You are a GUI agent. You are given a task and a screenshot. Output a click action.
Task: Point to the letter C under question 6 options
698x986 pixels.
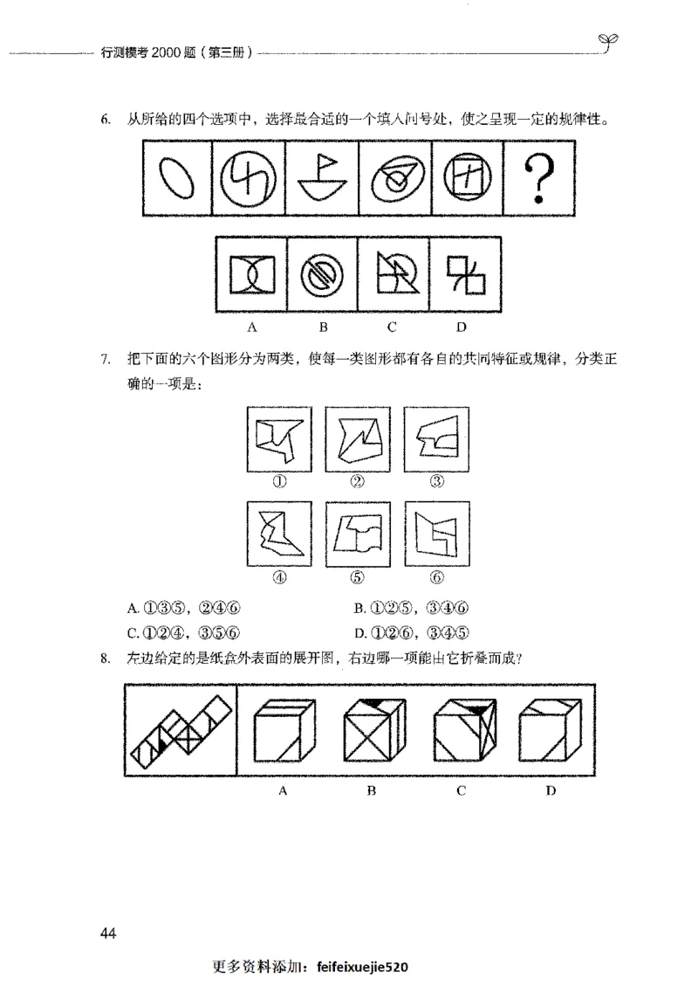tap(393, 328)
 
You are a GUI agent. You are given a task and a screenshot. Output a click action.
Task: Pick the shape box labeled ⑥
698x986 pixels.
tap(437, 533)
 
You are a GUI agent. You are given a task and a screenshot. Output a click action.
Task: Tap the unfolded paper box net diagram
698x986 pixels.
tap(181, 730)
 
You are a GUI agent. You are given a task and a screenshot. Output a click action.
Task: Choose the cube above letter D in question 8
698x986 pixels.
tap(550, 734)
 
